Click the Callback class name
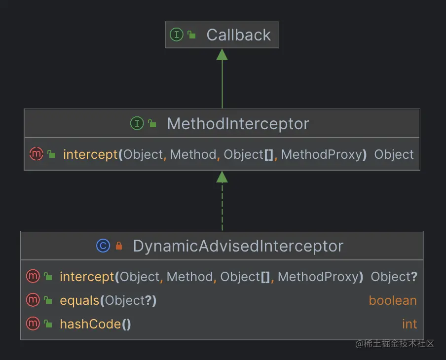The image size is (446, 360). (x=238, y=35)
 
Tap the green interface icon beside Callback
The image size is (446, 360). (x=176, y=35)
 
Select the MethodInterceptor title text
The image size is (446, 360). (x=238, y=123)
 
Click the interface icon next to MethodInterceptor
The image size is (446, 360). (x=137, y=123)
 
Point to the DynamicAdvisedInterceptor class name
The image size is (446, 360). (x=238, y=246)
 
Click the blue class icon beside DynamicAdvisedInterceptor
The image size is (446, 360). (x=103, y=246)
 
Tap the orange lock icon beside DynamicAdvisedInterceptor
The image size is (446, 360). (x=118, y=246)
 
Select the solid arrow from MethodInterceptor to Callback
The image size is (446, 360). (x=222, y=79)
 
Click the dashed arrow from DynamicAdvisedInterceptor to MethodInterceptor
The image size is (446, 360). (x=222, y=202)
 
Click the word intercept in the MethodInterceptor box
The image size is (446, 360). (x=90, y=154)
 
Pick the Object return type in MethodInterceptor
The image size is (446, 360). (x=394, y=154)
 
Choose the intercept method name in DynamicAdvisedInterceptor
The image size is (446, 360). (x=87, y=277)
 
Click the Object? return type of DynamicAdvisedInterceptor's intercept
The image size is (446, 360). (x=394, y=277)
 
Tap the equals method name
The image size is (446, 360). (x=79, y=300)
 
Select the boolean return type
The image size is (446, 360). (x=393, y=300)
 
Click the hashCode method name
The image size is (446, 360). (x=90, y=324)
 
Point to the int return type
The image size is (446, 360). (x=409, y=324)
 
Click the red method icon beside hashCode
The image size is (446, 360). (x=33, y=324)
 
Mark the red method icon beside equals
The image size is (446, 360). (x=33, y=300)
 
